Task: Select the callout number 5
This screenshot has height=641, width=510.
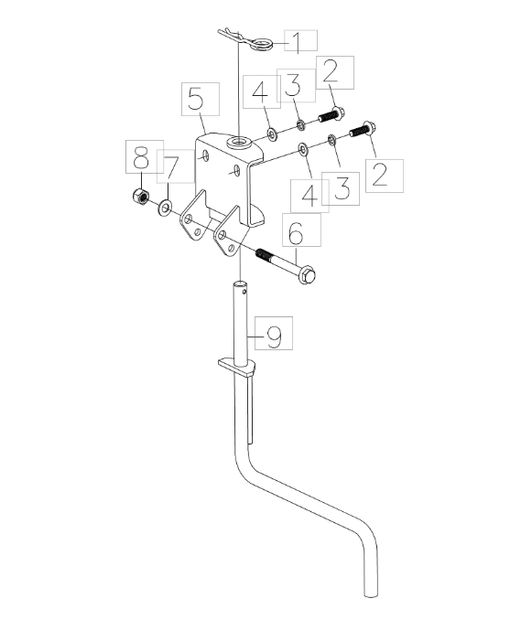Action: click(x=197, y=99)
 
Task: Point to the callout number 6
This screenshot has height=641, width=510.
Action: click(x=296, y=233)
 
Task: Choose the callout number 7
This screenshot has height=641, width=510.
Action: click(x=171, y=167)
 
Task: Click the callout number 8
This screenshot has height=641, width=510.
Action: click(x=141, y=158)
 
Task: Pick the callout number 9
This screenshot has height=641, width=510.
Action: click(x=275, y=337)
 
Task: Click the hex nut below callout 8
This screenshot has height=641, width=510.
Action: click(x=141, y=196)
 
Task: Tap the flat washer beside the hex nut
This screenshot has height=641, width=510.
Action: click(x=165, y=208)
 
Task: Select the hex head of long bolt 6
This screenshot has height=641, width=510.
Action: click(x=307, y=275)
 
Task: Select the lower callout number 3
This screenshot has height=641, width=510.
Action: click(x=342, y=188)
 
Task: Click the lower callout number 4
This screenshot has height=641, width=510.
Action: click(x=309, y=196)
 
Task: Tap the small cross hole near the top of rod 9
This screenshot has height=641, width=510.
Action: click(x=244, y=292)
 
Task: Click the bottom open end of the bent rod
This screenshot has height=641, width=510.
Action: click(x=371, y=593)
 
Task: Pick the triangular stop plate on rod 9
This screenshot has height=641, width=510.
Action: click(x=237, y=367)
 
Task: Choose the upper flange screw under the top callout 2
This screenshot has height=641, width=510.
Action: click(x=331, y=115)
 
